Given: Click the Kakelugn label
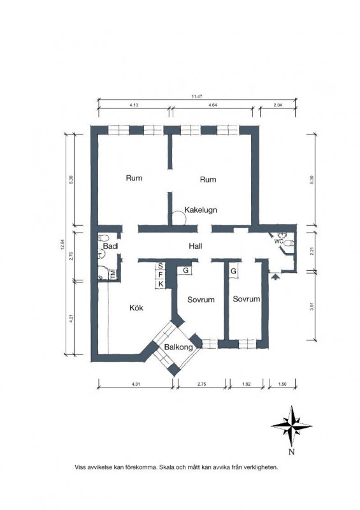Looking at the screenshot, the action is [201, 210].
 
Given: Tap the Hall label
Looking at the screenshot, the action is [196, 246].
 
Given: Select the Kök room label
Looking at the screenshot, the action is [136, 308].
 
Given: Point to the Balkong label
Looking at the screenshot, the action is [178, 347].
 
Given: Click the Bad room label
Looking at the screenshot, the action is [110, 246].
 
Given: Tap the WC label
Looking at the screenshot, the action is [278, 242].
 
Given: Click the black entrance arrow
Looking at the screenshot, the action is [275, 277].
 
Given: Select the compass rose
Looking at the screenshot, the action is [291, 426].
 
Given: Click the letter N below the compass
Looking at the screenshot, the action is [291, 452].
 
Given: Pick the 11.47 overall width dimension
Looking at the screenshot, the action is [197, 96].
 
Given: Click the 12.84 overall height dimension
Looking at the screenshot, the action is [61, 244].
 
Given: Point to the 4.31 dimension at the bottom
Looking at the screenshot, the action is [136, 384].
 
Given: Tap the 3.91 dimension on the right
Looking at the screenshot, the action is [312, 307].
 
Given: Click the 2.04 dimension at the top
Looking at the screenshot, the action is [278, 105].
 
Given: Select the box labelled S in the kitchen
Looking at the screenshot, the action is [161, 266].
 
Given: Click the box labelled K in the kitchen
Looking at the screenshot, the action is [161, 284].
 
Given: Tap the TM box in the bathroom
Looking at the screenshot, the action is [113, 275].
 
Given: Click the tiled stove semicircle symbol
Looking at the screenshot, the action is [178, 216].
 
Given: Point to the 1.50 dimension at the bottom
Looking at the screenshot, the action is [283, 384].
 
